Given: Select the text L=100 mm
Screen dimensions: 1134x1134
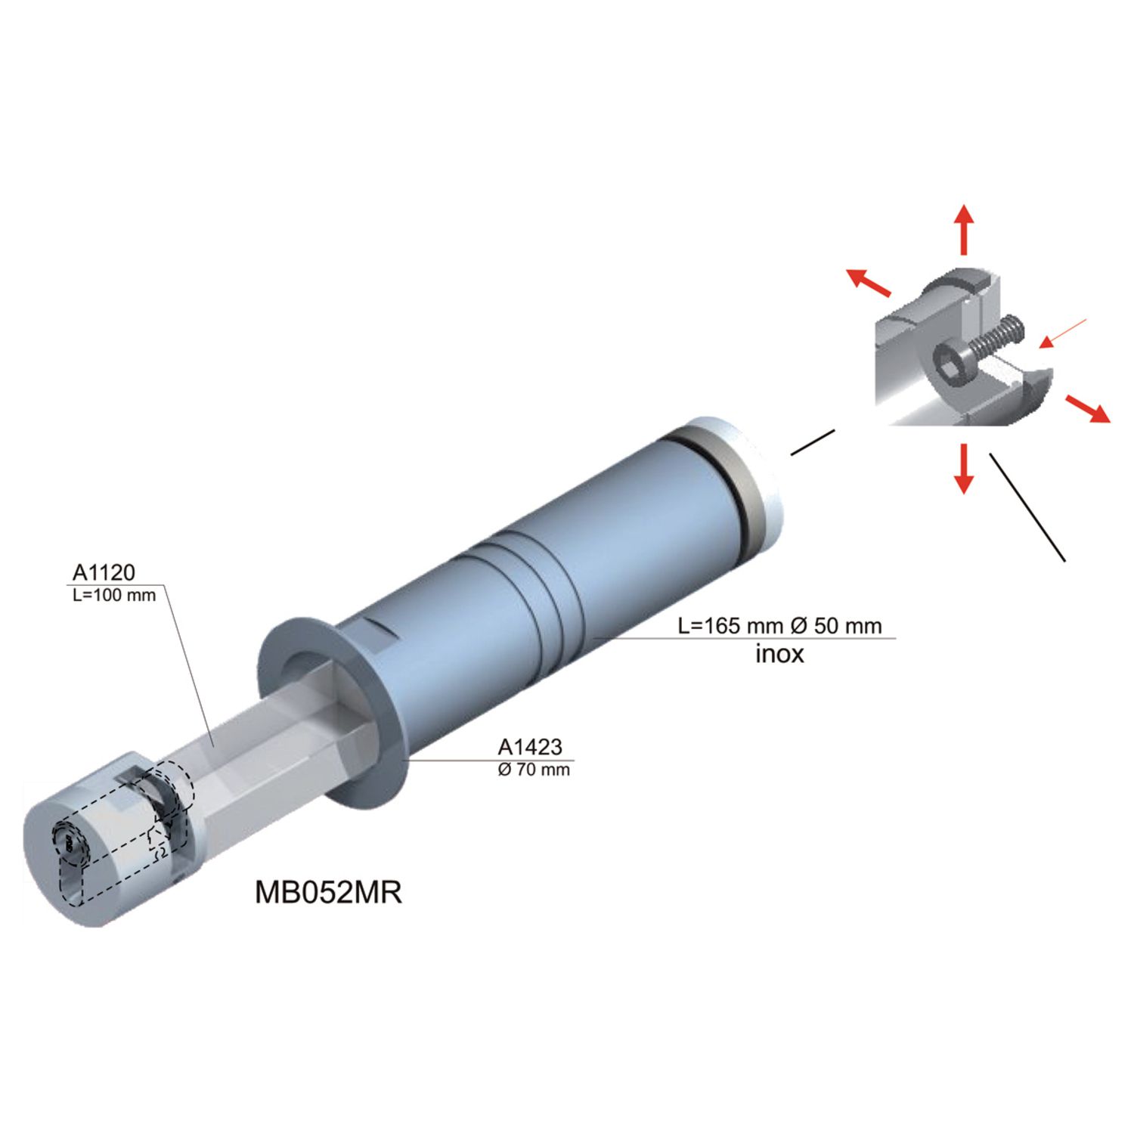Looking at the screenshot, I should (114, 595).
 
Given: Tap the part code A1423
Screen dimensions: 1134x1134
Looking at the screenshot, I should (530, 747).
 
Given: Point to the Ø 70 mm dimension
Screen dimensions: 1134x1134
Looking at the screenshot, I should (534, 770).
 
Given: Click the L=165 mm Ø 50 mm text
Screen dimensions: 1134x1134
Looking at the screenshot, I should (779, 626).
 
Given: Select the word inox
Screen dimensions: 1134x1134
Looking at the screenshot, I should (779, 653).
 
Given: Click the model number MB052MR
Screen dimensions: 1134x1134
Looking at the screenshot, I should (328, 893).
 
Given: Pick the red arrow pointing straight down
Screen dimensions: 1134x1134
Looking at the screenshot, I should (963, 468).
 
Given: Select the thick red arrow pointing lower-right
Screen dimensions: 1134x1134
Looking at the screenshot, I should (1088, 407).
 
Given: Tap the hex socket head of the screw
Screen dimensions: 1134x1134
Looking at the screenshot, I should (950, 364).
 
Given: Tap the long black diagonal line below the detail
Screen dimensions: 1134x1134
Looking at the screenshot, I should (1027, 507).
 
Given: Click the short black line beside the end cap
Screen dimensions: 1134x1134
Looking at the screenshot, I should (813, 442).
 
